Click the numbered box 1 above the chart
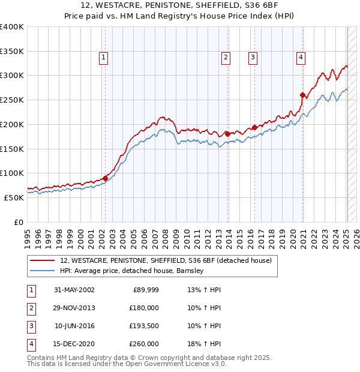coord(104,58)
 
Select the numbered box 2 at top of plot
coord(226,58)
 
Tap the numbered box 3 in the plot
coord(253,58)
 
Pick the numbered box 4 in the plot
coord(300,58)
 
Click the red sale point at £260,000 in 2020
coord(302,94)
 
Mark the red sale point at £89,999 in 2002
coord(105,178)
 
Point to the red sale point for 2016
coord(254,127)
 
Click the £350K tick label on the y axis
coord(12,52)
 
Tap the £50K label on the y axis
coord(14,197)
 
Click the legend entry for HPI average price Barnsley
coord(132,271)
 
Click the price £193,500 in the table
coord(144,326)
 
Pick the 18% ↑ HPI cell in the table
coord(205,344)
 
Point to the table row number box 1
coord(31,290)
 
